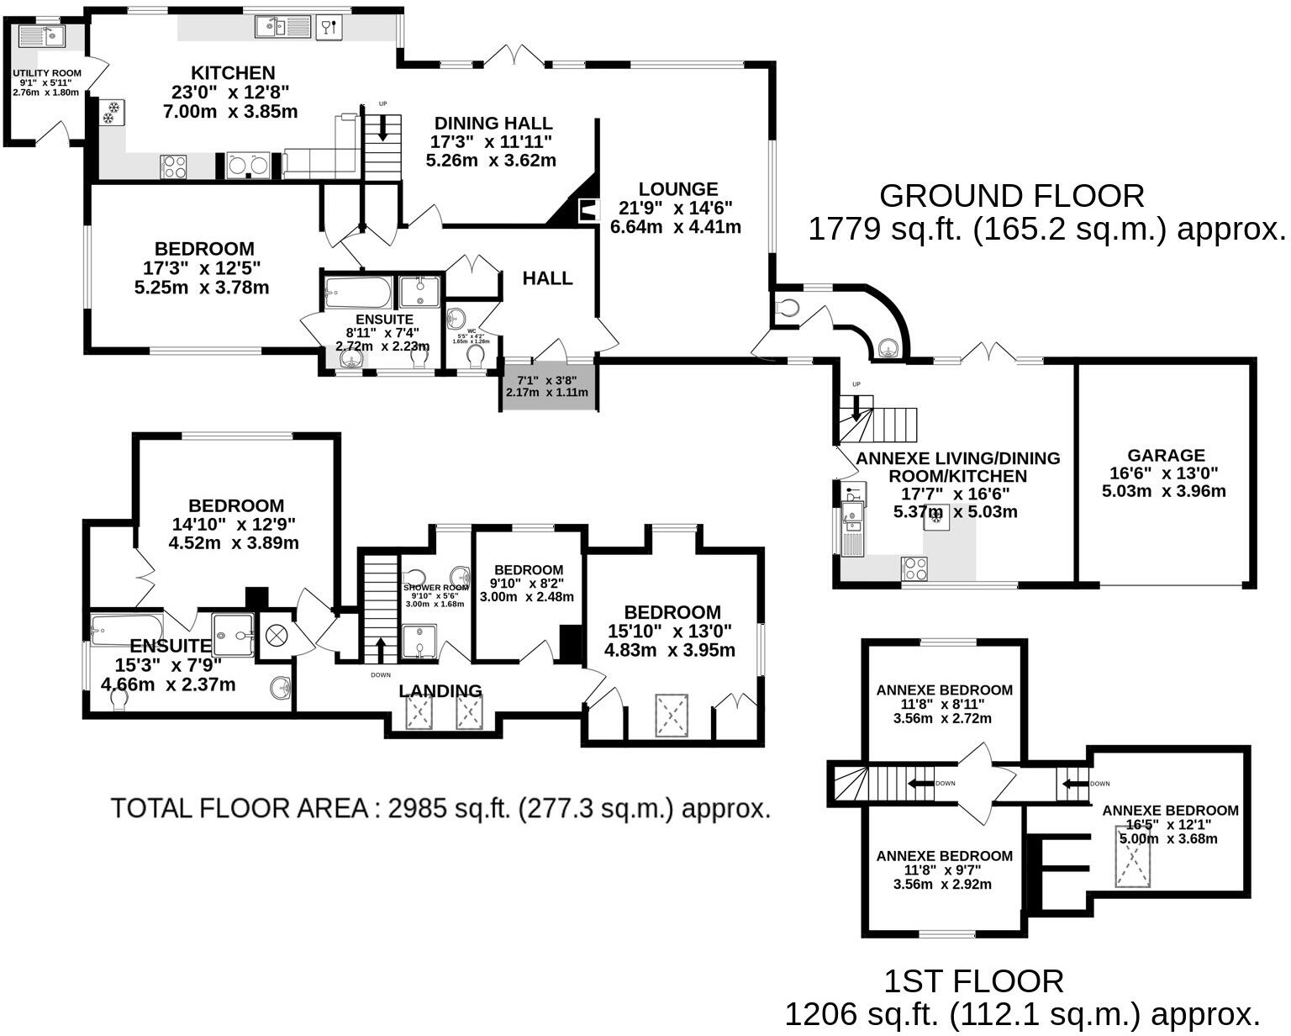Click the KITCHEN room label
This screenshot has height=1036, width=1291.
click(x=233, y=73)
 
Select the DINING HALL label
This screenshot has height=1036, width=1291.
click(x=493, y=124)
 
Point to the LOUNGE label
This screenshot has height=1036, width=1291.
click(x=677, y=189)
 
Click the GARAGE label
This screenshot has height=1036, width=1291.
click(x=1165, y=455)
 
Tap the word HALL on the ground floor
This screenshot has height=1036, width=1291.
click(x=547, y=278)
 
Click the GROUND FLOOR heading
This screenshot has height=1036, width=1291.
click(x=1011, y=196)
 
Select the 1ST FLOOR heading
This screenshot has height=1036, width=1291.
click(x=973, y=981)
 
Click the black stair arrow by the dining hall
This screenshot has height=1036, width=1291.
click(x=382, y=127)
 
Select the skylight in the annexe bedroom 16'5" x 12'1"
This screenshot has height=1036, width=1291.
click(x=1134, y=862)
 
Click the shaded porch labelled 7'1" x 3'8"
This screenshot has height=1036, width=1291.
click(x=548, y=387)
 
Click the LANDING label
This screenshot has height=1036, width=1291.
click(x=440, y=690)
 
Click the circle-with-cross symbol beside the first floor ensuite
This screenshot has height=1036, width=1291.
click(x=277, y=636)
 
